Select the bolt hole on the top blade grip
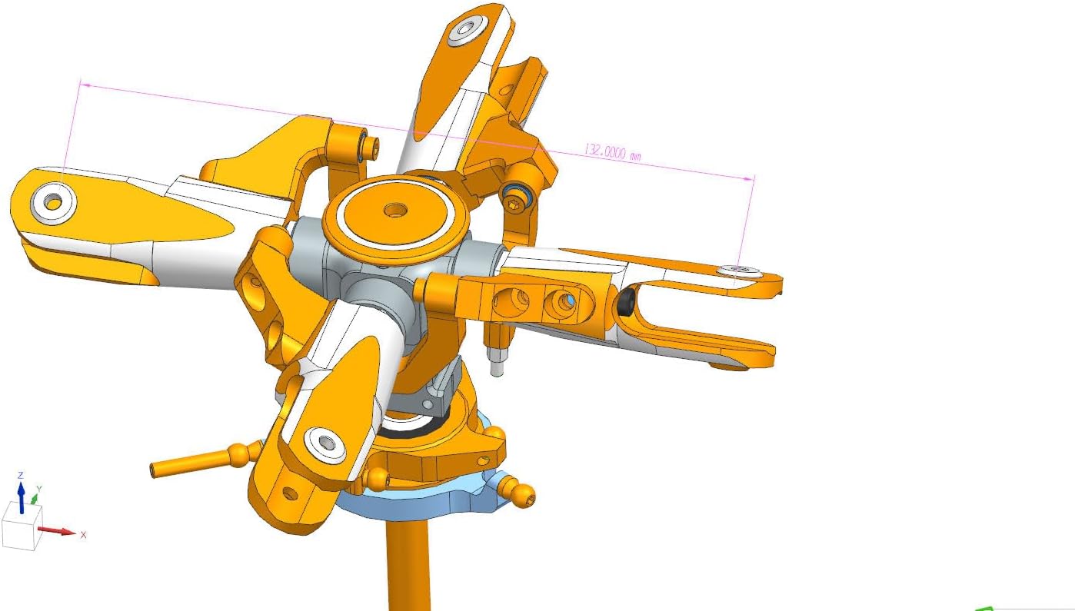coord(465,30)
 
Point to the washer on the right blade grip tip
coord(739,271)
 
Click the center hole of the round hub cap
coord(396,208)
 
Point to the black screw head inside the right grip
coord(625,303)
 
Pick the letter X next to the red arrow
coord(84,535)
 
